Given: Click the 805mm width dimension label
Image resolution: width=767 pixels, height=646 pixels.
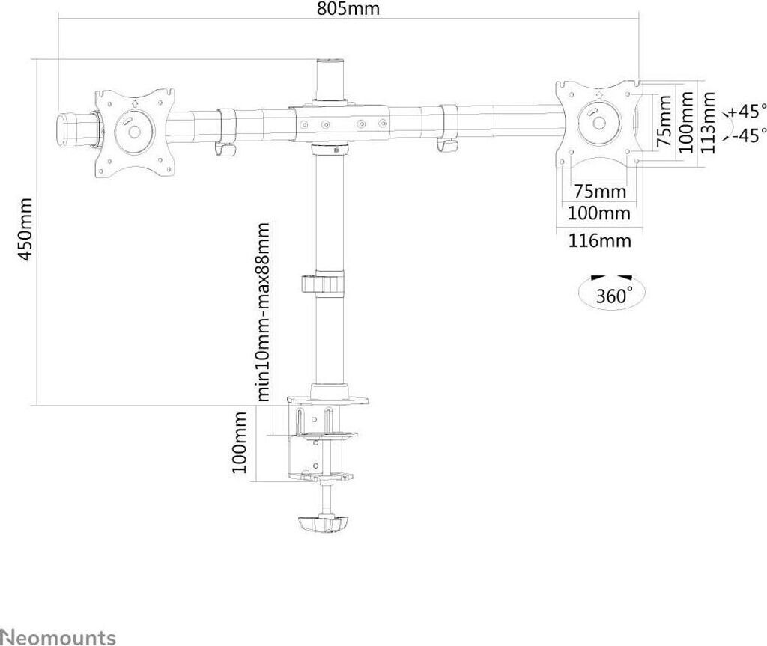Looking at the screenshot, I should pos(348,10).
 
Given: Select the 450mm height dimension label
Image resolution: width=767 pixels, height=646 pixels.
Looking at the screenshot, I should pos(25,230).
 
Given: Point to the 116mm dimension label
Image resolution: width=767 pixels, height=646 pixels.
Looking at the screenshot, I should pos(598,240).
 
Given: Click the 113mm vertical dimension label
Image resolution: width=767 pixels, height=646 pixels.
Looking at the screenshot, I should pos(708,123).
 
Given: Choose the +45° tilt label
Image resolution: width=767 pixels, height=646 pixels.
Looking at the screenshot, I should pos(748,112).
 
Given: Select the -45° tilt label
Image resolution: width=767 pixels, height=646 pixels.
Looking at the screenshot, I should pos(748,135).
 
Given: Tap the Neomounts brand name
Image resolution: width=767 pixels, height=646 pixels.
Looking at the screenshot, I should pos(58,637).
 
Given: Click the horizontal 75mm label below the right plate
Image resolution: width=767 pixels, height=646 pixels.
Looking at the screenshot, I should pos(599,192).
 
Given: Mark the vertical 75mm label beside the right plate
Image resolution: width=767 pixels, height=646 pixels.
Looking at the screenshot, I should pos(662,121).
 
